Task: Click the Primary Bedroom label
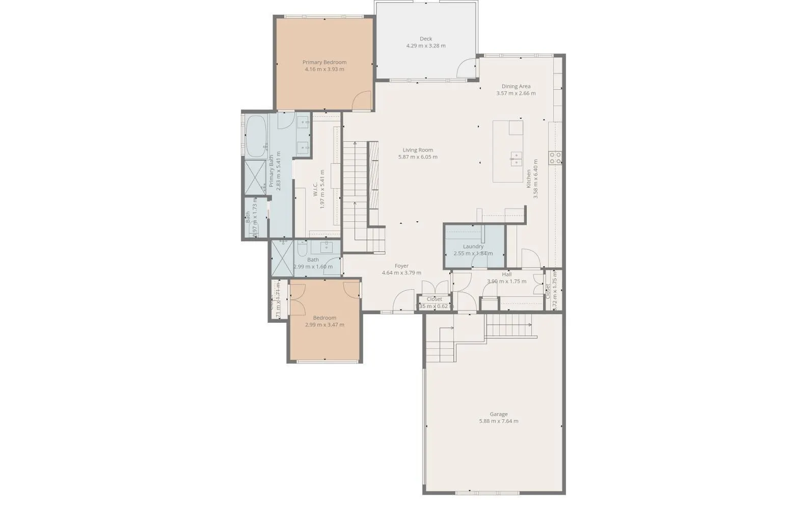coord(324,62)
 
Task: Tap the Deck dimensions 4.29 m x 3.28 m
coord(425,46)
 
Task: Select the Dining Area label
coord(516,86)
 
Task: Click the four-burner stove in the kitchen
coord(555,158)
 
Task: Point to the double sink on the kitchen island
coord(516,159)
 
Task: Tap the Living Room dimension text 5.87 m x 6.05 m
coord(417,157)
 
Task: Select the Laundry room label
coord(473,246)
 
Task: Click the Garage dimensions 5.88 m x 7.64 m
coord(498,421)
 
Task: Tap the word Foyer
coord(401,266)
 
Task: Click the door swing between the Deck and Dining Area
coord(467,68)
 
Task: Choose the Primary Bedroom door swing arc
coord(362,101)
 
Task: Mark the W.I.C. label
coord(315,189)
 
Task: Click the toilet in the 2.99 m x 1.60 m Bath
coord(302,250)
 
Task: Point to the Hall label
coord(506,274)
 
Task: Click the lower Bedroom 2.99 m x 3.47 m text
coord(324,325)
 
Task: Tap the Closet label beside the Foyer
coord(434,299)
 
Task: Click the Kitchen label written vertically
coord(529,178)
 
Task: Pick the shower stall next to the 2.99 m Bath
coord(282,258)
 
